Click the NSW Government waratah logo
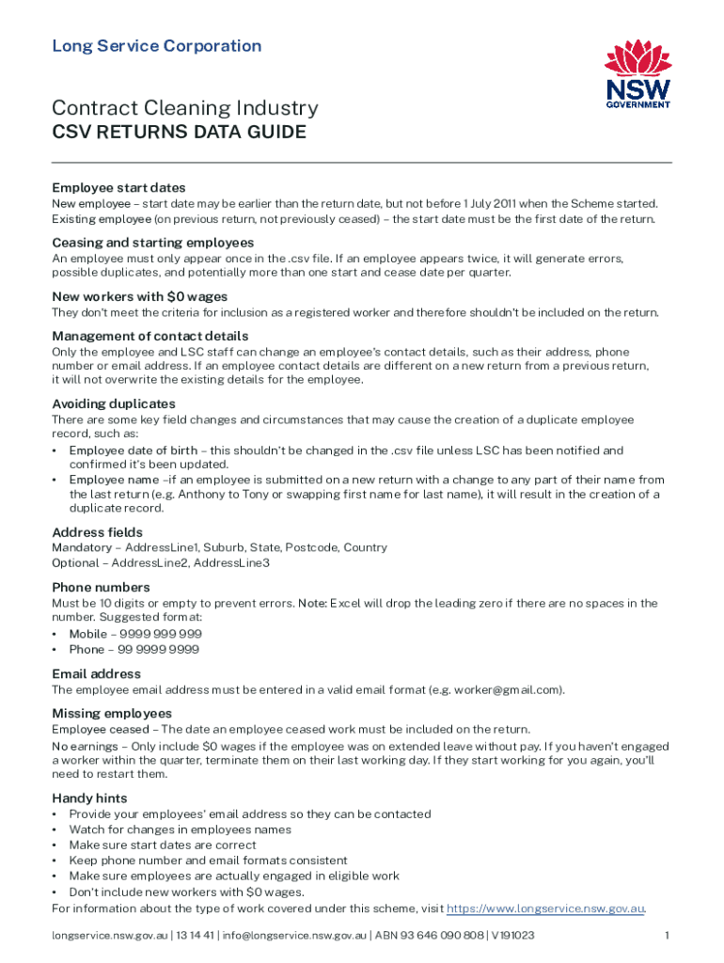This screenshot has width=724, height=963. (x=637, y=74)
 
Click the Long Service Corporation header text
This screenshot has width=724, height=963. (x=157, y=46)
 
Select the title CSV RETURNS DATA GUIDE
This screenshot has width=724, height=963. (x=179, y=133)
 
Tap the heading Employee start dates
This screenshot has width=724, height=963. (x=118, y=188)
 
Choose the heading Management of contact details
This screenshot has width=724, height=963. (x=150, y=336)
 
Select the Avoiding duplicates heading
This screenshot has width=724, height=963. (x=113, y=404)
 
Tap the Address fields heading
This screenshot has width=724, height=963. (x=97, y=532)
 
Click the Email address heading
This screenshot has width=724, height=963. (x=96, y=673)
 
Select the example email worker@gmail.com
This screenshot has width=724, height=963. (x=508, y=689)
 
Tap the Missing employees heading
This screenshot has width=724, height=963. (x=112, y=713)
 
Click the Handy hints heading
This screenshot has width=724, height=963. (x=91, y=798)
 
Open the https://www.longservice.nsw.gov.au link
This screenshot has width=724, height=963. (x=544, y=908)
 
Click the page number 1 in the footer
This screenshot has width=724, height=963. (x=666, y=936)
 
